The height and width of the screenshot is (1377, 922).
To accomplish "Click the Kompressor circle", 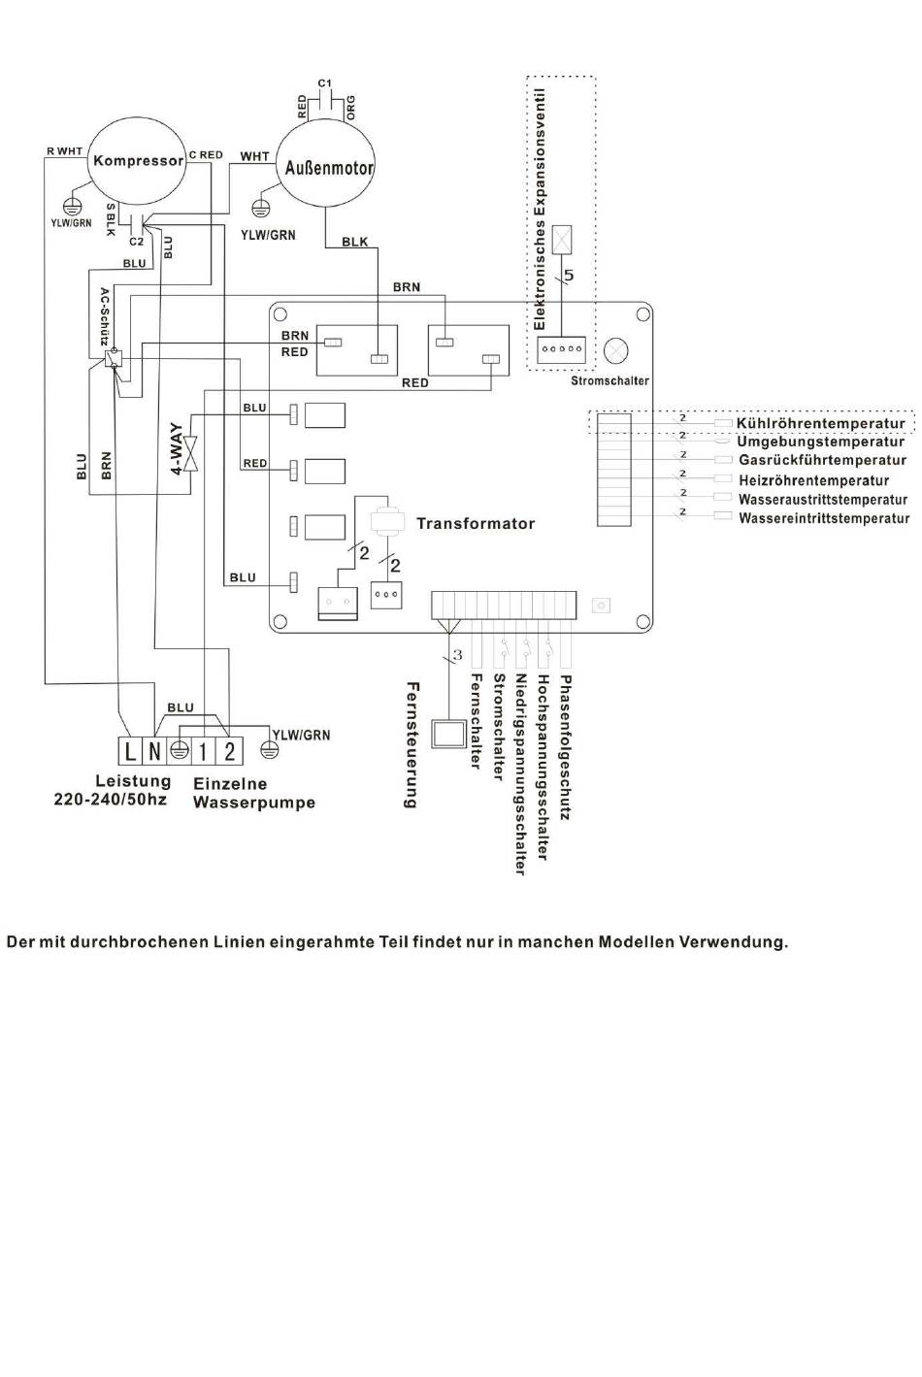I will (x=137, y=160).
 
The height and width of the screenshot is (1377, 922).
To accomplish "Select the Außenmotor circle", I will (x=326, y=167).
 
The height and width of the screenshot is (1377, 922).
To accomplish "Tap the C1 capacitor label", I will (x=325, y=82).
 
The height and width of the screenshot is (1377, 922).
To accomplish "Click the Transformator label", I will (x=476, y=523).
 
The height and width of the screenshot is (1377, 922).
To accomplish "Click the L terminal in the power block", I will (x=130, y=750).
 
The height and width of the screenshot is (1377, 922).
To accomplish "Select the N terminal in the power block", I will (x=154, y=750).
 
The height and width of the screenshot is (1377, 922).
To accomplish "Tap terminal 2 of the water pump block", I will (x=229, y=750).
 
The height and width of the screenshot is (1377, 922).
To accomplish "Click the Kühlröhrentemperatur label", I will (x=821, y=423).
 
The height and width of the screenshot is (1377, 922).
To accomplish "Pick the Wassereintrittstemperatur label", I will (x=824, y=518).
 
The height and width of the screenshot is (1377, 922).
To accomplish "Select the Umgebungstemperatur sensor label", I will (x=821, y=442).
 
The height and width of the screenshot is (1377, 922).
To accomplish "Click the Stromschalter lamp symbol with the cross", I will (x=615, y=350).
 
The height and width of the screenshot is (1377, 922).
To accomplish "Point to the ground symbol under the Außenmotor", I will (x=260, y=207).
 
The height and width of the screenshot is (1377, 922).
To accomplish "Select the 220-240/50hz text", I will (x=110, y=801).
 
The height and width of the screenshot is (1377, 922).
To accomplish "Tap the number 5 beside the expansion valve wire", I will (x=569, y=276).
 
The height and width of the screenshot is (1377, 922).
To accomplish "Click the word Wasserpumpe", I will (x=254, y=803).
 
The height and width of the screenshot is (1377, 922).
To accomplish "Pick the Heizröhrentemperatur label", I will (x=813, y=480).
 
